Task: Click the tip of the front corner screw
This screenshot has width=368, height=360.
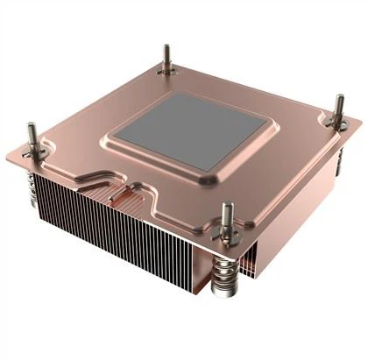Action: coord(228,208)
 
